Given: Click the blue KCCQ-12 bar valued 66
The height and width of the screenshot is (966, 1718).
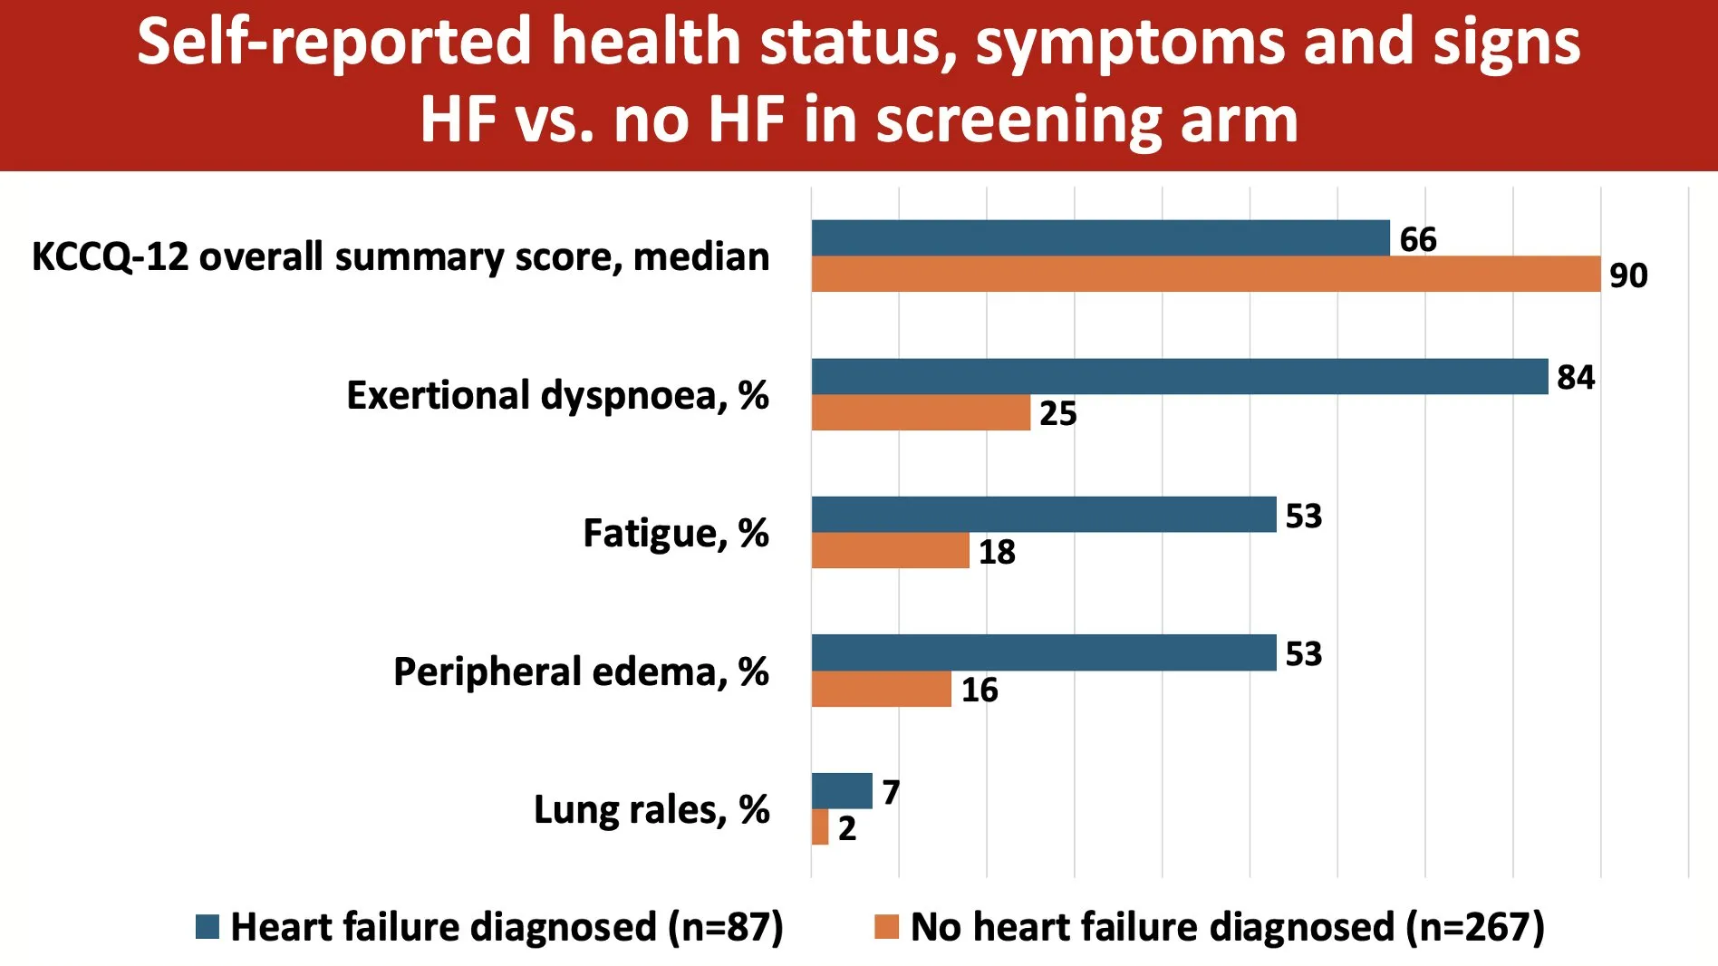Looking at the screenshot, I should tap(1100, 237).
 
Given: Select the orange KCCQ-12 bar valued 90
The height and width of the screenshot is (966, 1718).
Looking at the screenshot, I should tap(1205, 274).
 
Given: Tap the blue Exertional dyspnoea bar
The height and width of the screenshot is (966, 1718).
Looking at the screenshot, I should tap(1179, 376).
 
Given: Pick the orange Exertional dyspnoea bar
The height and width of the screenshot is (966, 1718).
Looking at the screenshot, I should tap(921, 412).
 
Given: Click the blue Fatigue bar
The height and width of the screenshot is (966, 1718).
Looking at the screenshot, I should tap(1043, 514).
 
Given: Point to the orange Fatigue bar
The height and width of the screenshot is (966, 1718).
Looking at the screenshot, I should tap(890, 550).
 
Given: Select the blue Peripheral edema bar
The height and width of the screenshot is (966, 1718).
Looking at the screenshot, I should tap(1043, 652).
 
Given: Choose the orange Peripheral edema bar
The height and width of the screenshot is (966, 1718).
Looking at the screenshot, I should tap(881, 689).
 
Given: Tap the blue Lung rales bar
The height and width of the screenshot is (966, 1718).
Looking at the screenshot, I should tap(841, 790).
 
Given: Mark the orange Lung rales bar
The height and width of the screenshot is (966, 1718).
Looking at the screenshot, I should tap(820, 826).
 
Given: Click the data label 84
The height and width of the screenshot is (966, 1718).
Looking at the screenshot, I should tap(1576, 377).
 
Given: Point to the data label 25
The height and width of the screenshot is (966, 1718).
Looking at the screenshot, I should tap(1057, 413).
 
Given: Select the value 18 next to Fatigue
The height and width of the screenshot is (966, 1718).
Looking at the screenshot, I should tap(997, 552).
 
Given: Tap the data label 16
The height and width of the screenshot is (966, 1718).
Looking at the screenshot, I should tap(980, 690).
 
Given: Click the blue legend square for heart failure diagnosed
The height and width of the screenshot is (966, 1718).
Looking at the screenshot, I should tap(208, 927).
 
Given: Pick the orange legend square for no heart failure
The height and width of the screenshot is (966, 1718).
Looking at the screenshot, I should tap(886, 927).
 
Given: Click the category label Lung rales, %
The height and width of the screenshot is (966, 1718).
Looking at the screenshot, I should tap(651, 809).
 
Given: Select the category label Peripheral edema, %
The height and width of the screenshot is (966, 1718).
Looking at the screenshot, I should tap(581, 671).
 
